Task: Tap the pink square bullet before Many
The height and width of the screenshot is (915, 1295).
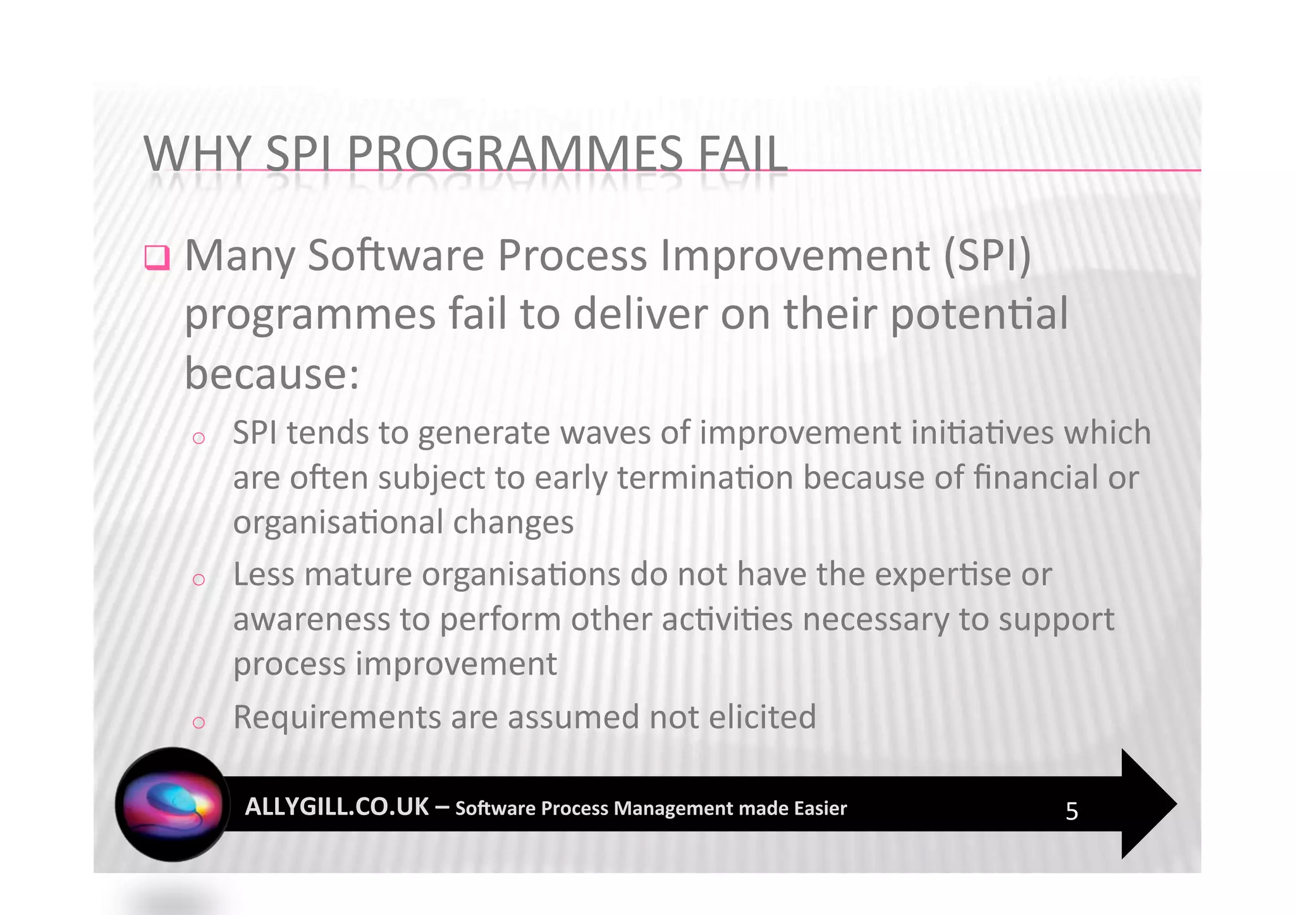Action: click(157, 257)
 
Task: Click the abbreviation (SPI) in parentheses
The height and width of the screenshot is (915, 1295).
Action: click(987, 256)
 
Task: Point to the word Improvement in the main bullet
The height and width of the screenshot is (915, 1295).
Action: click(795, 256)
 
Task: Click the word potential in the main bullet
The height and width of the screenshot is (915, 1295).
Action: click(979, 314)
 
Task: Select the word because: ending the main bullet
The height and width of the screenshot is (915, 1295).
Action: click(272, 374)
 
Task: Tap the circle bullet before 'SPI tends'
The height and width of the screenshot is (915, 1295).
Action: click(199, 438)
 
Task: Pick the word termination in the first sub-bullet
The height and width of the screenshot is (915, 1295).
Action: click(705, 478)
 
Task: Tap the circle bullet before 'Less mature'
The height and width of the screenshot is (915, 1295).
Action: click(199, 580)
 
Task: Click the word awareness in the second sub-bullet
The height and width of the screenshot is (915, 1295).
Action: click(311, 620)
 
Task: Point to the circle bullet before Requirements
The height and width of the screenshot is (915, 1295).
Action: click(199, 722)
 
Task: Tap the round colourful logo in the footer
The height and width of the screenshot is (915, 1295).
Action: click(172, 804)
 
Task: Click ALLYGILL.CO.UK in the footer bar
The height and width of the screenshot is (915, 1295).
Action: click(336, 807)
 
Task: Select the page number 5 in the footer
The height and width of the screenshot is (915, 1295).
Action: click(1071, 811)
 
